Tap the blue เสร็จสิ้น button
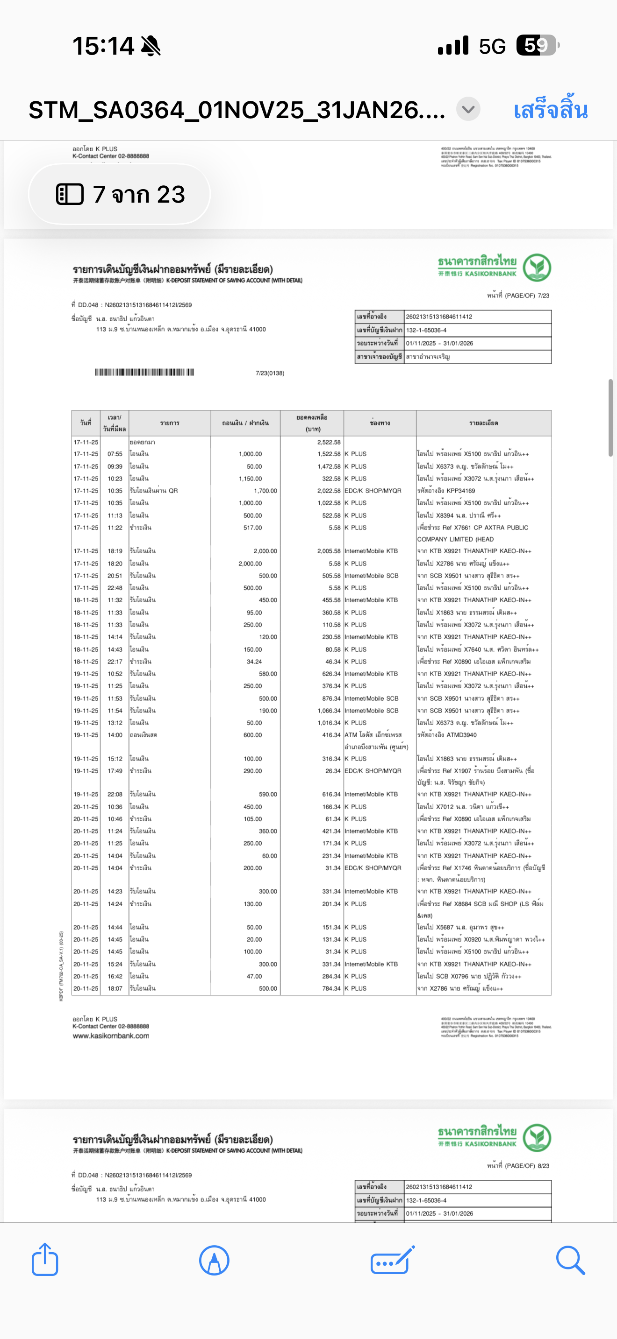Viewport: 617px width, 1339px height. (551, 110)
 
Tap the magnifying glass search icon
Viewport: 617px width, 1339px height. (570, 1260)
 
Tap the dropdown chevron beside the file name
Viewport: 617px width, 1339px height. (468, 110)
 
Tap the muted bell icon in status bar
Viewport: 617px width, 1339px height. (151, 46)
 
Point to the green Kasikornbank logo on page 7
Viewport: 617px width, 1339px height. (537, 267)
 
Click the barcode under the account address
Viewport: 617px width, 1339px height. (144, 372)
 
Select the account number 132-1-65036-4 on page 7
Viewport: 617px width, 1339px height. (426, 330)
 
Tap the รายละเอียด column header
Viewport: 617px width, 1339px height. (483, 423)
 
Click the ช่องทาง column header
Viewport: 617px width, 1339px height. (380, 423)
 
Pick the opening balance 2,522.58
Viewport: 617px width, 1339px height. (329, 442)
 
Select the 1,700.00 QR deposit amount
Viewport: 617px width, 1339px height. (265, 491)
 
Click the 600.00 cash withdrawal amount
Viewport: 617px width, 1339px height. (253, 735)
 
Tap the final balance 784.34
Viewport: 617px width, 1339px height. (331, 988)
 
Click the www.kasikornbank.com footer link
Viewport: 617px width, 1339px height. (111, 1036)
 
